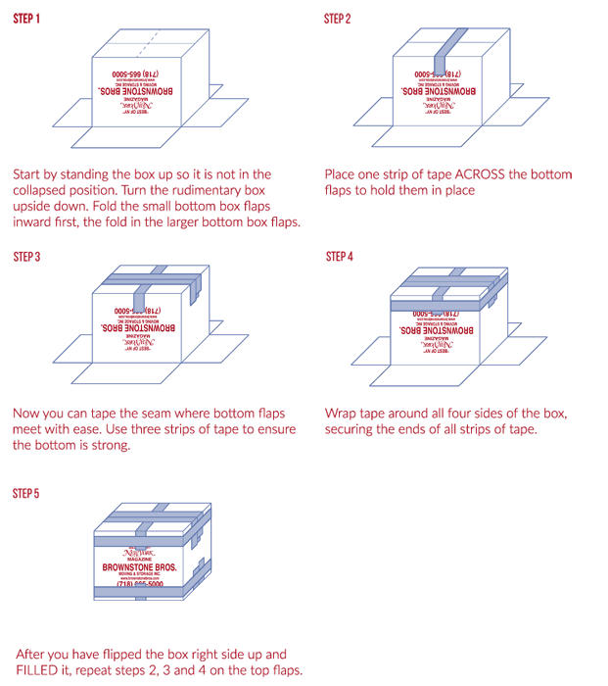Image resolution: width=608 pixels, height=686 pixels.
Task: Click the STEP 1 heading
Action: tap(26, 18)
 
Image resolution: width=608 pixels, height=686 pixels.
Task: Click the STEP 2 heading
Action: tap(339, 18)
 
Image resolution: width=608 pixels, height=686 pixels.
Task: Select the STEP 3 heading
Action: tap(26, 257)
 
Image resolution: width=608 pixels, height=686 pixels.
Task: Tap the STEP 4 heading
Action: tap(340, 257)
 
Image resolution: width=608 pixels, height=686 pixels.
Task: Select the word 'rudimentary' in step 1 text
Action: tap(172, 189)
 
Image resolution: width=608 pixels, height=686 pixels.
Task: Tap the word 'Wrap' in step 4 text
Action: tap(341, 413)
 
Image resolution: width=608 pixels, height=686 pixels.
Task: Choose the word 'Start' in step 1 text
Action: tap(28, 173)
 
